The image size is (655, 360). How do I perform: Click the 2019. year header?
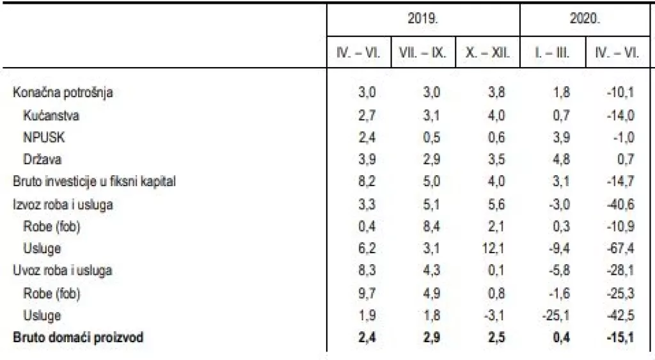click(423, 19)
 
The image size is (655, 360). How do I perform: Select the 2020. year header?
click(585, 19)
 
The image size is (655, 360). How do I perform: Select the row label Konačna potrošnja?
click(63, 93)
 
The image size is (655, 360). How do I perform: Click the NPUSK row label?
click(43, 137)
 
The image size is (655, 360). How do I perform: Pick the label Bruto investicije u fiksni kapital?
click(94, 182)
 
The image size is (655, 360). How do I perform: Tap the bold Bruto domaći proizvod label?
click(78, 337)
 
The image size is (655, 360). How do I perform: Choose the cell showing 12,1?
click(494, 248)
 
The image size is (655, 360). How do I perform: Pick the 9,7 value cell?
click(367, 293)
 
